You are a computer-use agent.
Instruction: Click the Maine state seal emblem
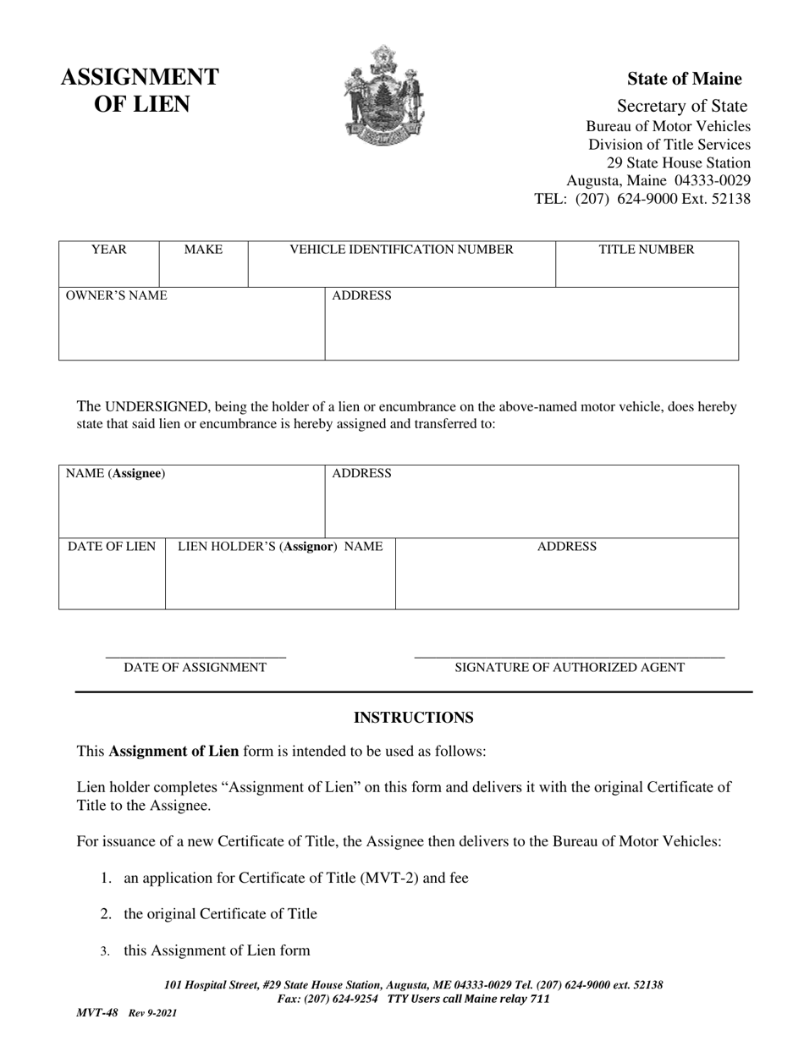(383, 95)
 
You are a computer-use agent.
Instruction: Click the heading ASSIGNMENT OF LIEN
(140, 91)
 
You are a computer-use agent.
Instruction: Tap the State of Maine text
(684, 79)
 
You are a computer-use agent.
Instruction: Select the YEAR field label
(108, 250)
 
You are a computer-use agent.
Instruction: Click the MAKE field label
(203, 250)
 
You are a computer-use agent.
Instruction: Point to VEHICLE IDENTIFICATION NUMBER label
(401, 250)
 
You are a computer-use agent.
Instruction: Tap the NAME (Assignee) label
(115, 473)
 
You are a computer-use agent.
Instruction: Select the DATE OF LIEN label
(112, 547)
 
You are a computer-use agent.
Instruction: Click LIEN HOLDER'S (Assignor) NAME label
(280, 547)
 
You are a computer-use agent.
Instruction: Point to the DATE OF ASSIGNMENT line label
(195, 668)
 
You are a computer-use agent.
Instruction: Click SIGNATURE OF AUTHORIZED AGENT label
(570, 668)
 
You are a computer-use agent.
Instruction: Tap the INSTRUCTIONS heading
(413, 718)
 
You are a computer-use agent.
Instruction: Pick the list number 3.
(105, 951)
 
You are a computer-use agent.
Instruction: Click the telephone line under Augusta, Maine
(642, 199)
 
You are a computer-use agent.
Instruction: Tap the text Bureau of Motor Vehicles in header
(668, 126)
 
